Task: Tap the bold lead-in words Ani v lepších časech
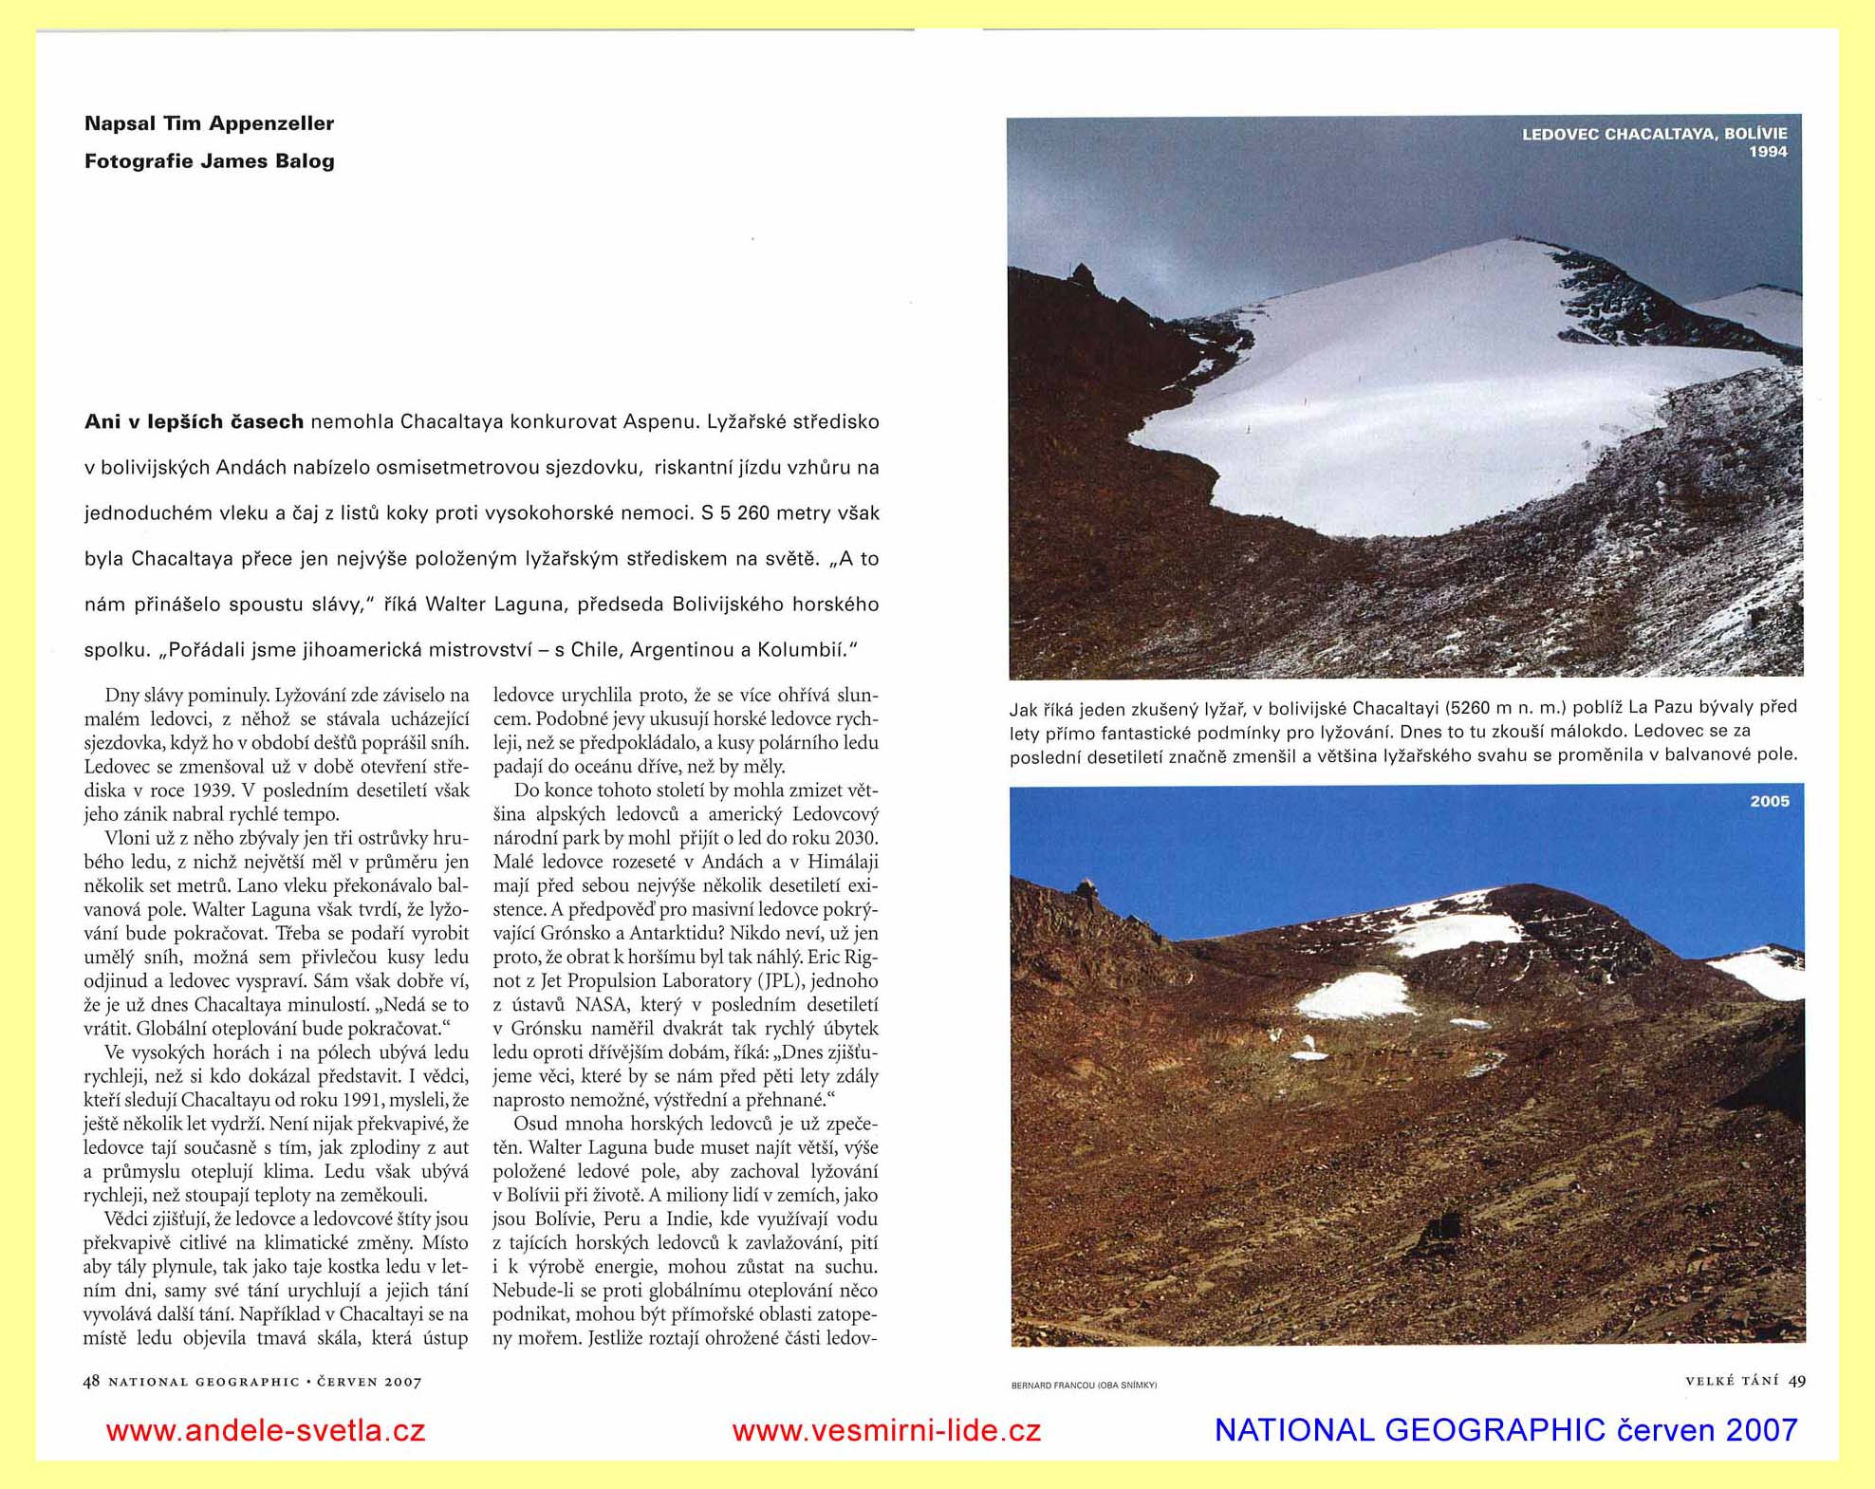coord(194,421)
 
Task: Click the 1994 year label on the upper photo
coord(1768,152)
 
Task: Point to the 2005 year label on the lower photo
coord(1770,802)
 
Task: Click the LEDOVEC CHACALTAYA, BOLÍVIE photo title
coord(1654,134)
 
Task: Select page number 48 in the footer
coord(91,1381)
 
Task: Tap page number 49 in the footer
coord(1797,1381)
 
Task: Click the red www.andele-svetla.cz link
coord(266,1430)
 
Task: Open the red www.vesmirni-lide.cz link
coord(886,1430)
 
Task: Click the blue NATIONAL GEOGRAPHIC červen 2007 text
coord(1506,1430)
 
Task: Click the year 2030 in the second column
coord(856,838)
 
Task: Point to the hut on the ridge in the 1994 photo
coord(1082,276)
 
